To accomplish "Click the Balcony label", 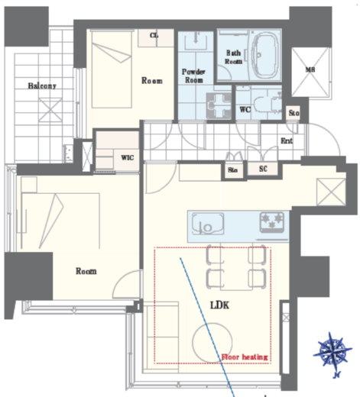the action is pos(42,86).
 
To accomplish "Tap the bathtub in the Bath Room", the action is pos(264,56).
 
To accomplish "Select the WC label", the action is pos(245,109).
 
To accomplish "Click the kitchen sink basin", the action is pos(208,224).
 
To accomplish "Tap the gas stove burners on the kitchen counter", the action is pos(272,222).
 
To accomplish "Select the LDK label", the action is pos(219,305).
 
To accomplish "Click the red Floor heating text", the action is pos(245,357).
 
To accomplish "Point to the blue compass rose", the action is pos(332,352).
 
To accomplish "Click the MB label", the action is pos(310,69).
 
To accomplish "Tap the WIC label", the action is pos(128,157).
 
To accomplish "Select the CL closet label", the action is pos(154,35).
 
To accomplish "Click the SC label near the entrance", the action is pos(263,169).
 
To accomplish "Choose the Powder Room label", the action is pos(193,76).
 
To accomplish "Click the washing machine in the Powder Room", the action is pos(219,105).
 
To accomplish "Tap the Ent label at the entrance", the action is pos(287,140).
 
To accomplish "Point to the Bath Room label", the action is pos(233,57).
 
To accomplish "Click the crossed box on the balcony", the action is pos(50,110).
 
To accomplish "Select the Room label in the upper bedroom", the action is pos(152,81).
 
